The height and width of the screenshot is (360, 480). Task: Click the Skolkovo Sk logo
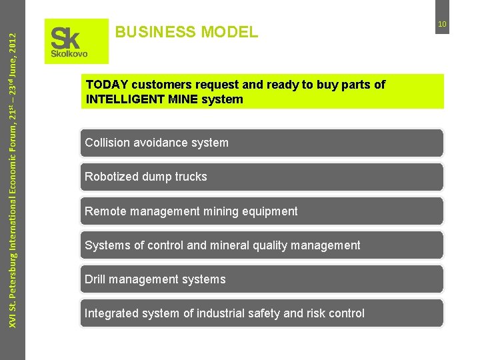point(76,41)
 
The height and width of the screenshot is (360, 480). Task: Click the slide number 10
point(441,25)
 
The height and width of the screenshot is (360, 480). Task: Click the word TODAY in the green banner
point(107,85)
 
